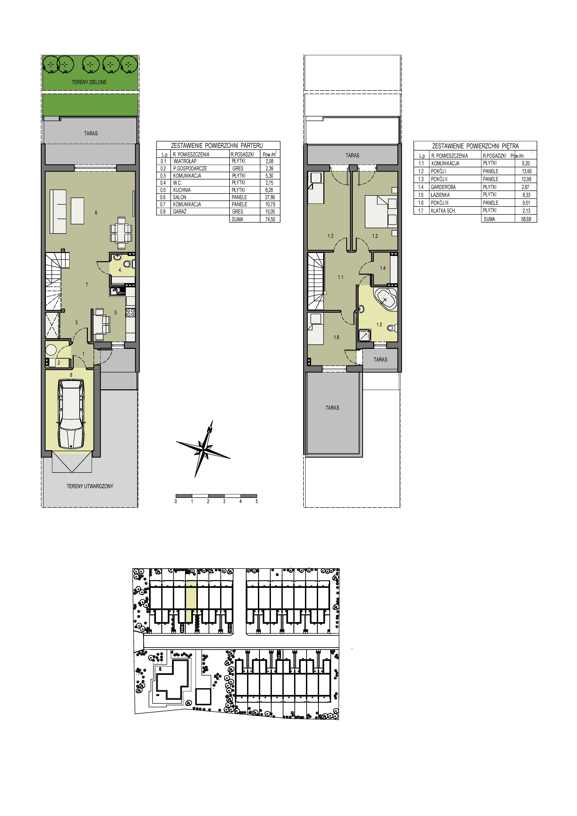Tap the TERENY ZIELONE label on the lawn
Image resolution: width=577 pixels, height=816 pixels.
coord(89,82)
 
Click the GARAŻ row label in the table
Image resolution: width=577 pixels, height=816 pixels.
coord(180,212)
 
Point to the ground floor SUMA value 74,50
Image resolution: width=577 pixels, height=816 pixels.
coord(270,219)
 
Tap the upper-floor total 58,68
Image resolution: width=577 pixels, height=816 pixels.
coord(526,219)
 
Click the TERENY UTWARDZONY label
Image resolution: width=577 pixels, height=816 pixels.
coord(90,486)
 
